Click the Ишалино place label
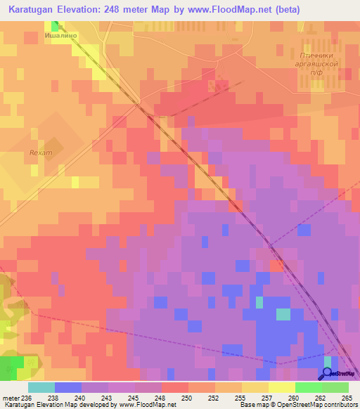tap(60, 34)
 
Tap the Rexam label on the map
tap(41, 152)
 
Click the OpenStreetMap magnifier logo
tap(327, 373)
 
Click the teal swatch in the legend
tap(41, 387)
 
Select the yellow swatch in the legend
tap(282, 387)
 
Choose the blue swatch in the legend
tap(68, 387)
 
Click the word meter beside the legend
tap(11, 397)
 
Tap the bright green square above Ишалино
tap(55, 25)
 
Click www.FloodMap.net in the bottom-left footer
tap(148, 405)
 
